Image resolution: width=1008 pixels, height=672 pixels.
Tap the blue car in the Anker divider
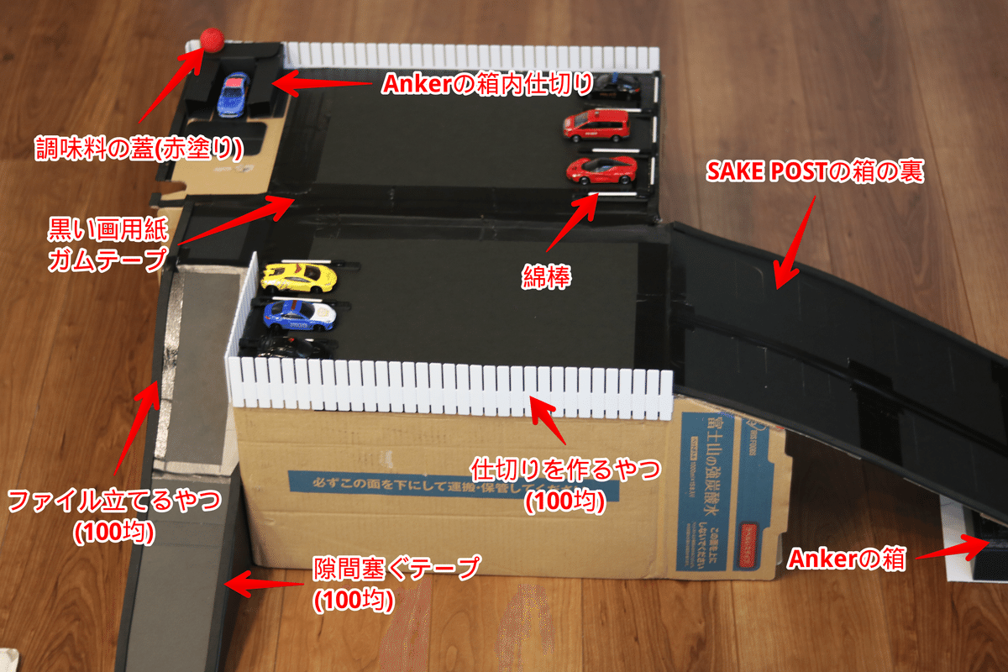(233, 93)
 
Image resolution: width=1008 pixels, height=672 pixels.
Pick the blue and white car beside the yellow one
(299, 313)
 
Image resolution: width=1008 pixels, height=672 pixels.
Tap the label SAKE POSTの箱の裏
(815, 173)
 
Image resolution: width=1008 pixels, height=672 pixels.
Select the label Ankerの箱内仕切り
(489, 83)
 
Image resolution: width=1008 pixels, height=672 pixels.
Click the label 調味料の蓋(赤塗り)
(139, 148)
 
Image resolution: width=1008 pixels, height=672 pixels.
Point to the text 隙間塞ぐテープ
(396, 569)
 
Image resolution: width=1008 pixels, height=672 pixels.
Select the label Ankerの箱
(847, 559)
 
